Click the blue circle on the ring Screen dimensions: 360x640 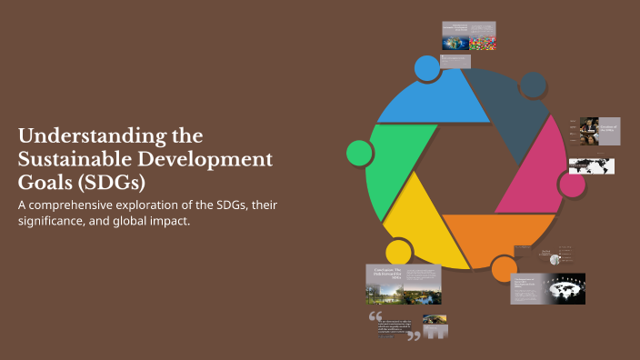coord(426,67)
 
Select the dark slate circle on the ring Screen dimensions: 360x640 coord(534,85)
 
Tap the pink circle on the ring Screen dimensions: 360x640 coord(572,185)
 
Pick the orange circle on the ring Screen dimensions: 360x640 coord(504,268)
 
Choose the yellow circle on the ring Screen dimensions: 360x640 coord(398,252)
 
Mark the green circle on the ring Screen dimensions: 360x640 coord(360,152)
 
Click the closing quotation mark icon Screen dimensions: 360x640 coord(414,335)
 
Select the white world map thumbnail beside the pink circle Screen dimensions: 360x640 coord(592,165)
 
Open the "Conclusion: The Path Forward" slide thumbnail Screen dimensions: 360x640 coord(403,284)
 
